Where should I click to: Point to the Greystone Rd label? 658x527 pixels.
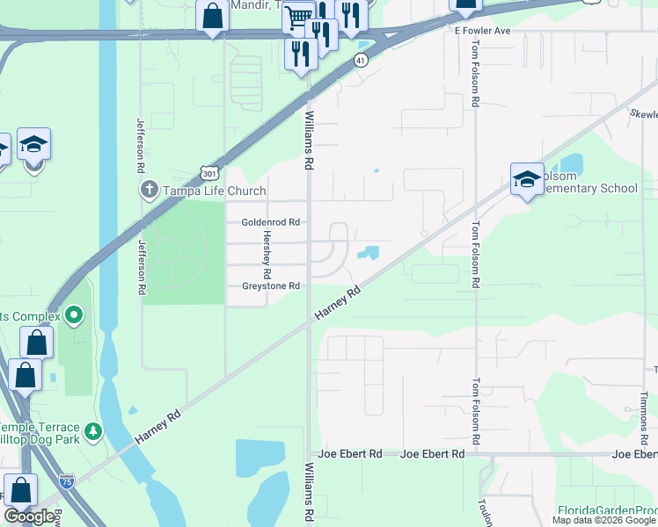coord(271,286)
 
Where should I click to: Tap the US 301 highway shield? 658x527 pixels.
coord(210,174)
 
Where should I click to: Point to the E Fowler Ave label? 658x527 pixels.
coord(482,30)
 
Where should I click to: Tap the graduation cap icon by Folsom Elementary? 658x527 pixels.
coord(527,180)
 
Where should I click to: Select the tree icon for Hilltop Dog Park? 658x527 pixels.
coord(91,433)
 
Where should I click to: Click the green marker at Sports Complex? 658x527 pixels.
coord(74,314)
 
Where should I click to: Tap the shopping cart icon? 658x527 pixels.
coord(299,16)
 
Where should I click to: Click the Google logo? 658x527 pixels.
coord(30,516)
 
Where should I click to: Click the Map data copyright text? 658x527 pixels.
coord(604,521)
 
